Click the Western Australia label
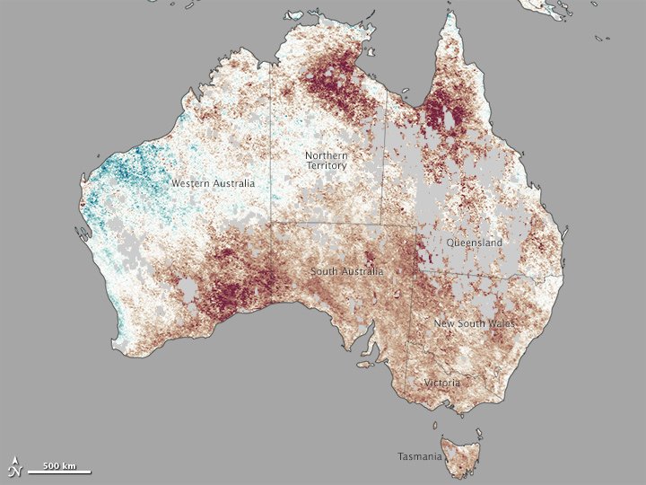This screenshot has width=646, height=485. pyautogui.click(x=213, y=183)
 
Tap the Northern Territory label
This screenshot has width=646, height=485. pyautogui.click(x=326, y=160)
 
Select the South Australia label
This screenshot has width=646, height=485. pyautogui.click(x=347, y=271)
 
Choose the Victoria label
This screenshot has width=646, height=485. pyautogui.click(x=442, y=384)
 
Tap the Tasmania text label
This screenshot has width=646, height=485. pyautogui.click(x=420, y=456)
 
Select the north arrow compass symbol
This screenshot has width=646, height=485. pyautogui.click(x=14, y=466)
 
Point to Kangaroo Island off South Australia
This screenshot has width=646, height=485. pyautogui.click(x=364, y=364)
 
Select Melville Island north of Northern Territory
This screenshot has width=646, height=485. pyautogui.click(x=295, y=16)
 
